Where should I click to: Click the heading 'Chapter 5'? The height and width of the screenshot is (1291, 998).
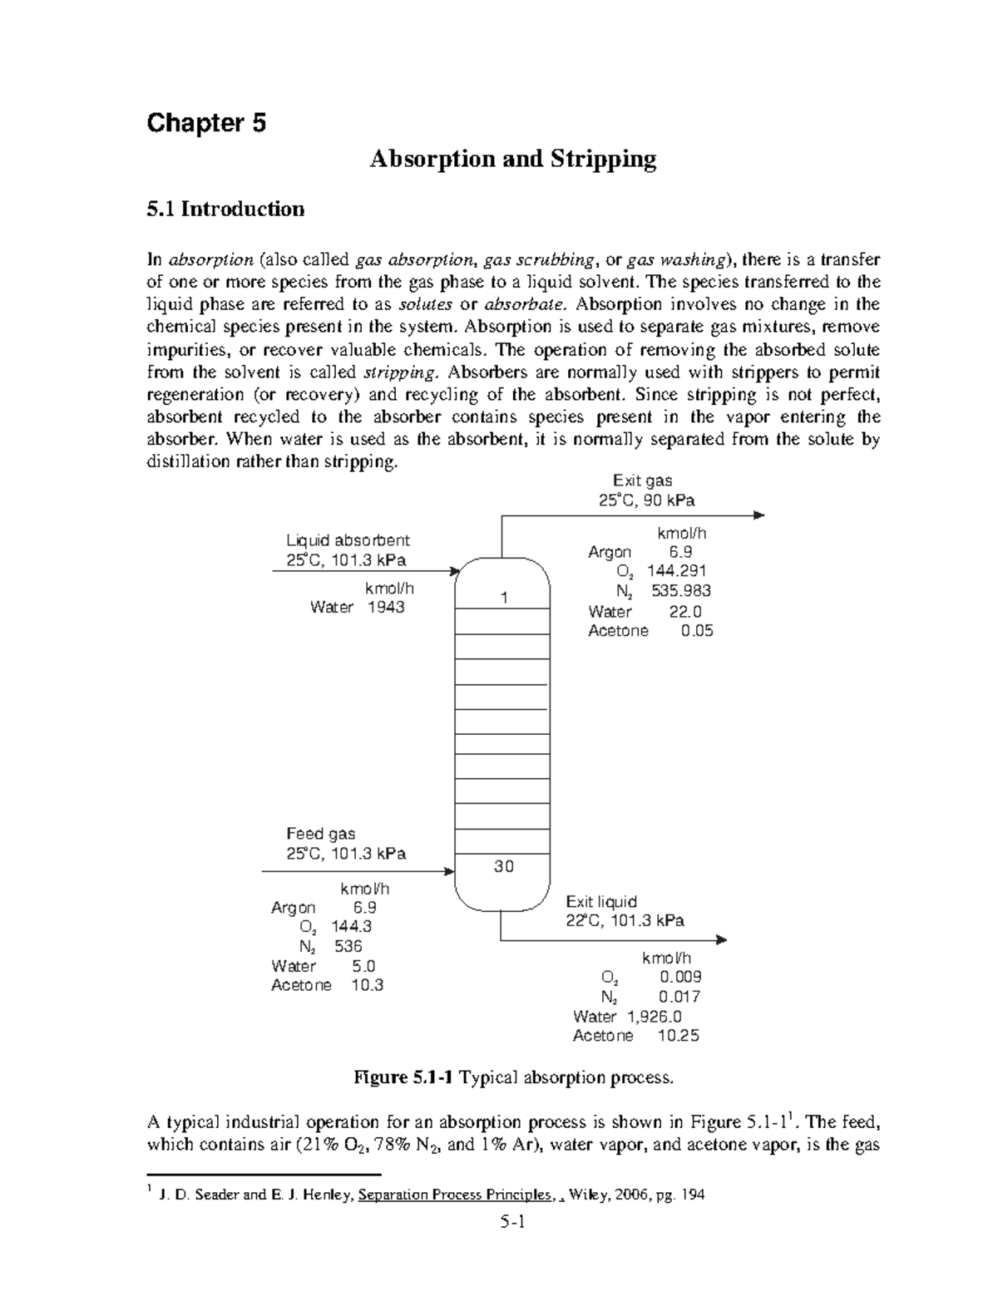(x=206, y=124)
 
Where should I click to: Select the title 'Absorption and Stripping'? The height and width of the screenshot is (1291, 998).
(x=512, y=159)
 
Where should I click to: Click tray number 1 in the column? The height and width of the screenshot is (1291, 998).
(x=503, y=599)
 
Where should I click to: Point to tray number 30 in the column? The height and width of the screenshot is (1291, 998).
(x=503, y=866)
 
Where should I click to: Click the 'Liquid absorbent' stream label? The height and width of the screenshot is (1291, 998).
(x=348, y=540)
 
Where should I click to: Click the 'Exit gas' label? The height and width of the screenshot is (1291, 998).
(x=642, y=480)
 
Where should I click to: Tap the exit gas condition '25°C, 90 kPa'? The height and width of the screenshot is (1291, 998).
(x=646, y=500)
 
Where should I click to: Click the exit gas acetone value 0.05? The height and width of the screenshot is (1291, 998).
(x=696, y=631)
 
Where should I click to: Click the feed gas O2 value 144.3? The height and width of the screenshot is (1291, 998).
(x=351, y=926)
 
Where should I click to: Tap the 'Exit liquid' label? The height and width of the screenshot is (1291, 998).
(x=601, y=902)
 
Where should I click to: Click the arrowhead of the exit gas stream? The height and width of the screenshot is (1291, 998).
(x=758, y=515)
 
